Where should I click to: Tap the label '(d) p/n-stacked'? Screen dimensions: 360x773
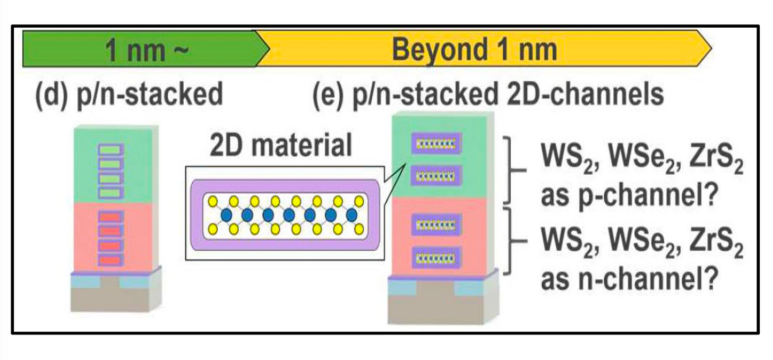click(x=129, y=96)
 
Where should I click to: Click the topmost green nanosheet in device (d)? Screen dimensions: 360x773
click(x=111, y=150)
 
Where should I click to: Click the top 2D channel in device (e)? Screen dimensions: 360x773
click(x=435, y=143)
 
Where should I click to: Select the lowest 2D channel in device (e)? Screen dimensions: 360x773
click(x=435, y=258)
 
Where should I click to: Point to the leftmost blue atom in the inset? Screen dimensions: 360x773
click(x=226, y=215)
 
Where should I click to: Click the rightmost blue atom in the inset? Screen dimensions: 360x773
click(x=351, y=215)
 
